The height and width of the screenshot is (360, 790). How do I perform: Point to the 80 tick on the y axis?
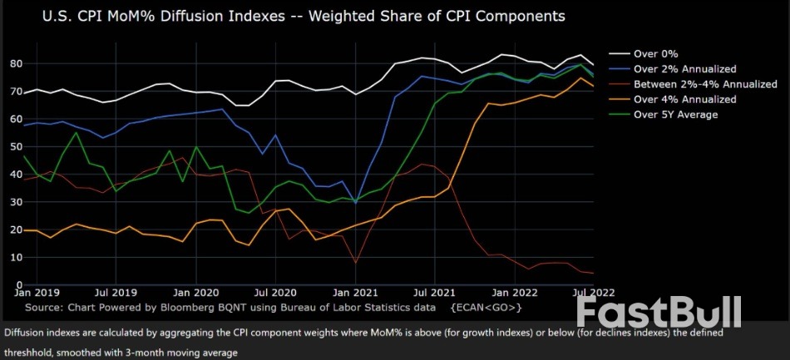[16, 63]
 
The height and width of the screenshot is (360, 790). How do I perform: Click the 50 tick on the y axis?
[16, 146]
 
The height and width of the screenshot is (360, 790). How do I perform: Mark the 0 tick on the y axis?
[19, 285]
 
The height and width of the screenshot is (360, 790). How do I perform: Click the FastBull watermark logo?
[659, 313]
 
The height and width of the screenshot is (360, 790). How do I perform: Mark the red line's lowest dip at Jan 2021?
[356, 263]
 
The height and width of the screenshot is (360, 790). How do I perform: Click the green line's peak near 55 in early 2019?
[77, 133]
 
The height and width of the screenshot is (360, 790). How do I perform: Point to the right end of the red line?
[593, 273]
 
